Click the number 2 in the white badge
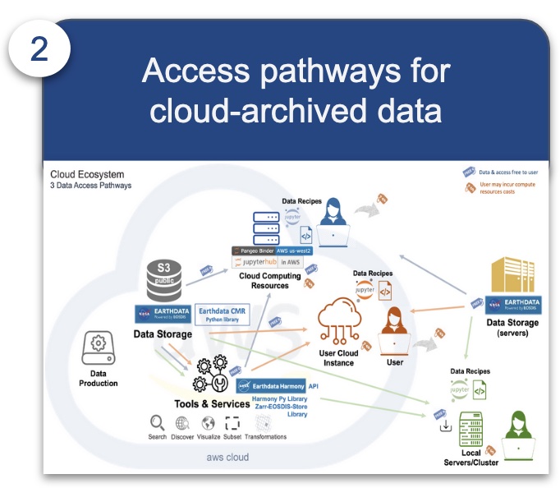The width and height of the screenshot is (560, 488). [x=39, y=50]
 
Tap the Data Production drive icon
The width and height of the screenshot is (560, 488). [x=99, y=351]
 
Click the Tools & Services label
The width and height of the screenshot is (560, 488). [x=212, y=403]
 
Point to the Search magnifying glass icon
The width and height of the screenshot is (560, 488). [x=157, y=423]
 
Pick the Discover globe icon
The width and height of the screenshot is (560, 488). [x=182, y=423]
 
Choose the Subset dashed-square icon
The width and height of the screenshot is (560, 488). [x=232, y=423]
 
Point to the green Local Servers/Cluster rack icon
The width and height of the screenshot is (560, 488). [x=470, y=430]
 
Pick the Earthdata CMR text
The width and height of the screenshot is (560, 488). [x=223, y=311]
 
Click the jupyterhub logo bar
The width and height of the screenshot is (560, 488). [x=267, y=262]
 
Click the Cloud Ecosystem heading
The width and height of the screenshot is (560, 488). [x=88, y=174]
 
